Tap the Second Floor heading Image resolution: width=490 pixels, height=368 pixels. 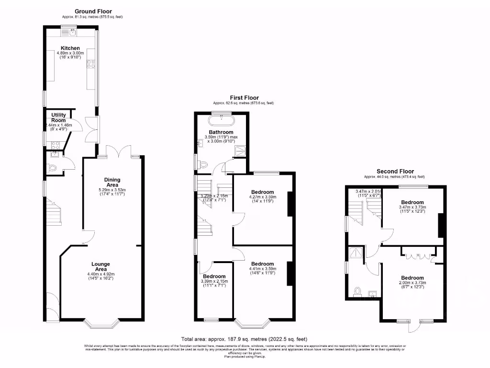pyautogui.click(x=395, y=171)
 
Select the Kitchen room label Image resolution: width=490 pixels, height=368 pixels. pyautogui.click(x=70, y=48)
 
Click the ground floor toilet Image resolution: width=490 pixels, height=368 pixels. pyautogui.click(x=52, y=168)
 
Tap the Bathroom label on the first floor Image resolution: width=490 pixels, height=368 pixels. pyautogui.click(x=221, y=132)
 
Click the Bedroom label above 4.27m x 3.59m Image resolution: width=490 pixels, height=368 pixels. pyautogui.click(x=262, y=192)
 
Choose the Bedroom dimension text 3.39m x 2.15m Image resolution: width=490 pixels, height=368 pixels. pyautogui.click(x=214, y=281)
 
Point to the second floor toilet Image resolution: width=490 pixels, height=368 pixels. pyautogui.click(x=357, y=291)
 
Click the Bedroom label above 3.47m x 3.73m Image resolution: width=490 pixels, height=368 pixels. pyautogui.click(x=412, y=202)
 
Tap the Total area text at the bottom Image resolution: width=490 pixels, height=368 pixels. pyautogui.click(x=245, y=338)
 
